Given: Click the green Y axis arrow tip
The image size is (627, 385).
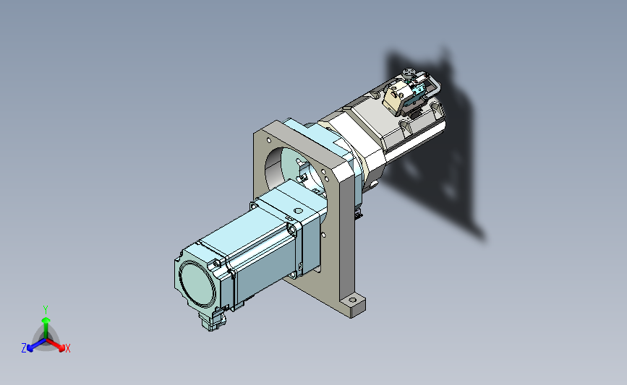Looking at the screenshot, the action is click(46, 320).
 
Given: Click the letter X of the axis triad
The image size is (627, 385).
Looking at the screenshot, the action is click(67, 348).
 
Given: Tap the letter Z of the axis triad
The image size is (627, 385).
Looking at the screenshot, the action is click(24, 348).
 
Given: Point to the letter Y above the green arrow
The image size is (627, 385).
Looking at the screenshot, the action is click(46, 310).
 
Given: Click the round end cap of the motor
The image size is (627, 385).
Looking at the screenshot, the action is click(197, 285).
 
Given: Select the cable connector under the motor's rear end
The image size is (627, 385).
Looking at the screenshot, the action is click(212, 320).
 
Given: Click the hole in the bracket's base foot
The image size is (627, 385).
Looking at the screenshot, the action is click(352, 300).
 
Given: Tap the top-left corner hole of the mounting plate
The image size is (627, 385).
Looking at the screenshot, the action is click(268, 140).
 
